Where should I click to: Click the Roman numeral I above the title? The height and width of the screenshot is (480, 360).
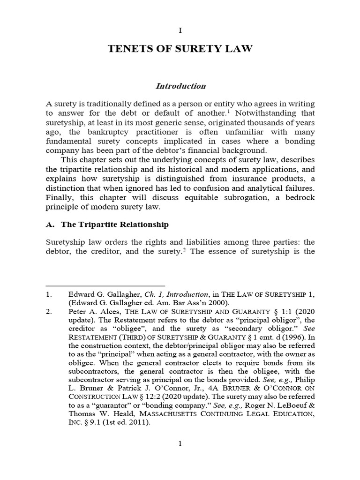click(180, 30)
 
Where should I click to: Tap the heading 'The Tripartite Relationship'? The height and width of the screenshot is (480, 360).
click(112, 225)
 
